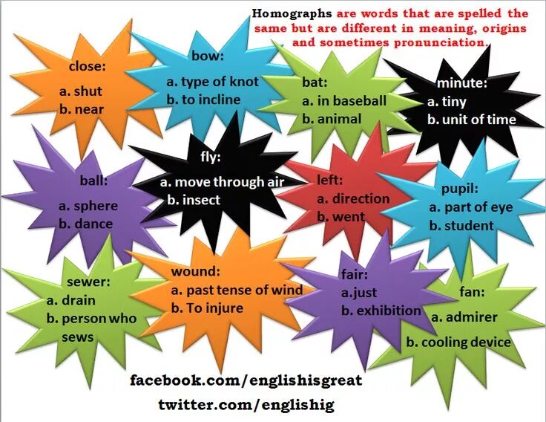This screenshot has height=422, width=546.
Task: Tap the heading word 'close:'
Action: [x=88, y=66]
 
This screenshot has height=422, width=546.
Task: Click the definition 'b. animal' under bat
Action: [x=332, y=119]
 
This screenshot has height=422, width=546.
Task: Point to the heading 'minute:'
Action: [x=461, y=82]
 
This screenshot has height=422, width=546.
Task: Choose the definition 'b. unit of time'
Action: [x=472, y=120]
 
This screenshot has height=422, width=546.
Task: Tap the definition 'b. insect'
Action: [x=194, y=200]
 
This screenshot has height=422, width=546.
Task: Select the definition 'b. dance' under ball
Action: [x=86, y=224]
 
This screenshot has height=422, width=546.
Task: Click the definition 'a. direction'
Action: [x=353, y=198]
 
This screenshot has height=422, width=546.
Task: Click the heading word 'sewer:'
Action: [x=88, y=282]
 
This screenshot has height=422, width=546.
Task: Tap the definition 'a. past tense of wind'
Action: [x=237, y=290]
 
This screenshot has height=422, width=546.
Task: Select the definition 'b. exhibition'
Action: [x=381, y=311]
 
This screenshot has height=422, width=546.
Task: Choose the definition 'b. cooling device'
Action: [x=458, y=343]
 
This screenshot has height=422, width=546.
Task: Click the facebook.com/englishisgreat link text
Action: [x=246, y=380]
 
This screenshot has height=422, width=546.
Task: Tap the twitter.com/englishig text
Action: [x=246, y=405]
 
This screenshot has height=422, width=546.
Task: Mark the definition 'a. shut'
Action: [x=81, y=91]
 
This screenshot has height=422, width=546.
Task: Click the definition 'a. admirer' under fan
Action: [x=464, y=317]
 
